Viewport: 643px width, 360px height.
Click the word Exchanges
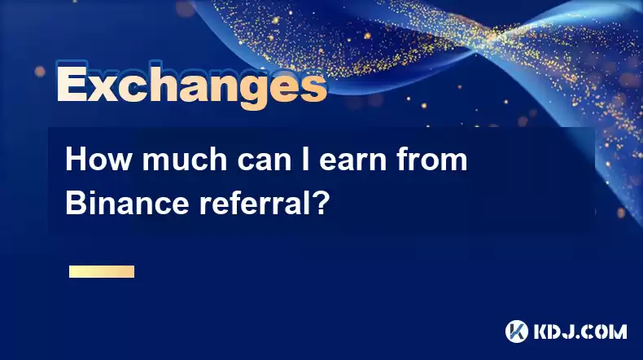[x=191, y=86]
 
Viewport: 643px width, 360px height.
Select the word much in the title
[x=185, y=160]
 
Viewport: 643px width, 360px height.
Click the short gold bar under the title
[x=102, y=271]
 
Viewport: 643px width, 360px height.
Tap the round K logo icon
[x=517, y=331]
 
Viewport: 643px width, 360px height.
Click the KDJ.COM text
[x=580, y=331]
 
